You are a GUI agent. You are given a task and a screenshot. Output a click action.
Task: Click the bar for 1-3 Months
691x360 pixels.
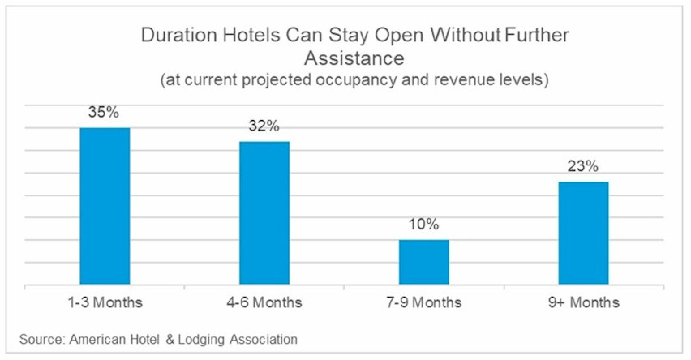click(x=105, y=206)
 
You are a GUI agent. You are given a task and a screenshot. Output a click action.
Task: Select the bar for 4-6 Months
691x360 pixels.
click(x=264, y=213)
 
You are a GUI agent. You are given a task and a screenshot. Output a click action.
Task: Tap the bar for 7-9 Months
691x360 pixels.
click(x=423, y=262)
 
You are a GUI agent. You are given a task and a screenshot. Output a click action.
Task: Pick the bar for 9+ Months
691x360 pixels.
click(x=583, y=234)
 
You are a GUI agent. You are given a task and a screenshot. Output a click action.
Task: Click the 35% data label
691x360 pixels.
click(x=105, y=112)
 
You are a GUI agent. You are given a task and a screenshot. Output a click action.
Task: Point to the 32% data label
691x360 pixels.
click(x=264, y=126)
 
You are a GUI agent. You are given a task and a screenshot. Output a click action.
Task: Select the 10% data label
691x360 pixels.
click(x=423, y=224)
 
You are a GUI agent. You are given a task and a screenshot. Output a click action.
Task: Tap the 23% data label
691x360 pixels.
click(x=583, y=166)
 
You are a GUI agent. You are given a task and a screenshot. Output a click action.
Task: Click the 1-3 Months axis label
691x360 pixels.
click(x=105, y=303)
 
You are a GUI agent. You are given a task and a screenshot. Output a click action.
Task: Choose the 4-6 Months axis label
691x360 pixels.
click(x=264, y=303)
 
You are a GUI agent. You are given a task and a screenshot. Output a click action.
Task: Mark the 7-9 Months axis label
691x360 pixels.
click(x=423, y=303)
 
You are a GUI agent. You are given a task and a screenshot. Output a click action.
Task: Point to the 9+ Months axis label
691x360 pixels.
click(x=583, y=303)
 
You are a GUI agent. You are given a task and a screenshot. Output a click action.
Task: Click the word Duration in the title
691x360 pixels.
click(x=174, y=36)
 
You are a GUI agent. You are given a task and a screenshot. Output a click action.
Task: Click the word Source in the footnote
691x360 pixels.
click(x=36, y=339)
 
